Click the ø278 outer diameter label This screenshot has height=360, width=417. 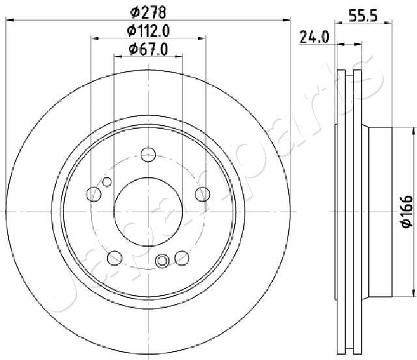coord(148,12)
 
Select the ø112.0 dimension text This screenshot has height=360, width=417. coord(148,31)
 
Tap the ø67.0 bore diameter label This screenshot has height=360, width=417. coord(149,49)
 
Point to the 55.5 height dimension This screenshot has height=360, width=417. coord(363,16)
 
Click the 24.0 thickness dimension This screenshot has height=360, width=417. coord(314,37)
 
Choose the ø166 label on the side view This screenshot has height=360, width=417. coord(407,212)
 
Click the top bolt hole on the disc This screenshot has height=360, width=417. coord(148,154)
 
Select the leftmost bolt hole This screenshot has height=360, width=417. coord(94,194)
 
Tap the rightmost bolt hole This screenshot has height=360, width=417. coord(203,194)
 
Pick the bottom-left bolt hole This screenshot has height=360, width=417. coord(115,258)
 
